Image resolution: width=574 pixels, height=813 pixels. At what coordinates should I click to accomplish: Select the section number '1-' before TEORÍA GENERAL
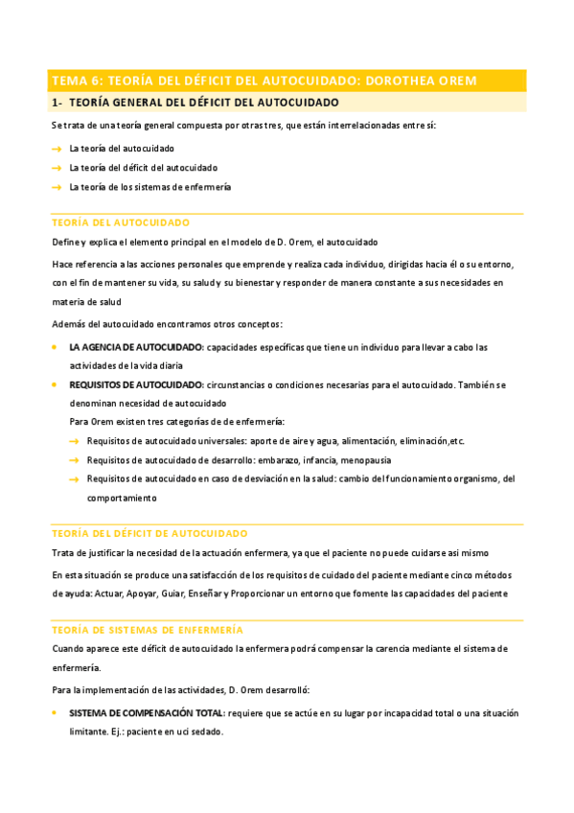pyautogui.click(x=57, y=102)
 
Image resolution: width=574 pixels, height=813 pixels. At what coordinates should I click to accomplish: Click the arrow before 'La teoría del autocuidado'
pyautogui.click(x=57, y=149)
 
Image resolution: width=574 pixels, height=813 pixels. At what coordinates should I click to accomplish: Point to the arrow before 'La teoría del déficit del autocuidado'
pyautogui.click(x=57, y=168)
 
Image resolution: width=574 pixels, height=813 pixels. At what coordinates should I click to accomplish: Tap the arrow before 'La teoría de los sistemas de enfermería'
pyautogui.click(x=57, y=187)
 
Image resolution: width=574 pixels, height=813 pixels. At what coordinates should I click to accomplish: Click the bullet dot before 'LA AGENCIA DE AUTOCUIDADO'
pyautogui.click(x=55, y=346)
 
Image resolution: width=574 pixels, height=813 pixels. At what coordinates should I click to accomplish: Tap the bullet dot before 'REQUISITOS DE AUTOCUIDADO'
pyautogui.click(x=55, y=383)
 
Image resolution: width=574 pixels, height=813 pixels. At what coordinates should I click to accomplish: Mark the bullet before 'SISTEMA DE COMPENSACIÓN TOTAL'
pyautogui.click(x=55, y=713)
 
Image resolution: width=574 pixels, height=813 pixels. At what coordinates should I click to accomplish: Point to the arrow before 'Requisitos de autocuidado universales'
pyautogui.click(x=74, y=440)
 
